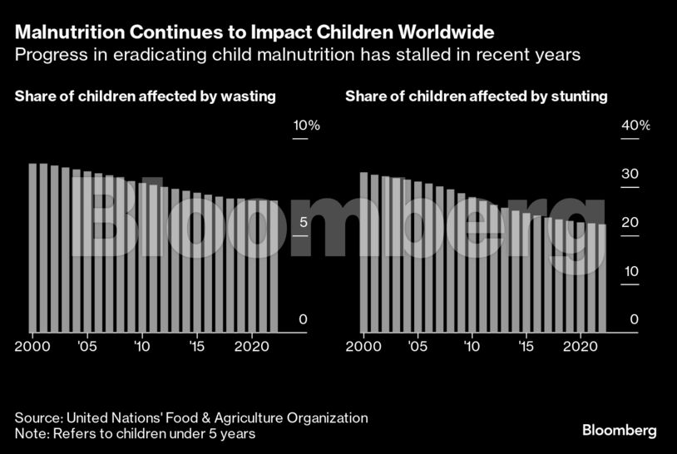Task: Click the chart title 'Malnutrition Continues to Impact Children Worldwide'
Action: point(254,32)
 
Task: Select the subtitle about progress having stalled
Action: point(297,56)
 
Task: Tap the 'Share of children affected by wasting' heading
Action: point(145,96)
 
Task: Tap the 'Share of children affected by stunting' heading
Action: point(477,96)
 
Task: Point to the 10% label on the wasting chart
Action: point(306,126)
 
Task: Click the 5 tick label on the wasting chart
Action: point(304,223)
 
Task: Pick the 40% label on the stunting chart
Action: point(636,126)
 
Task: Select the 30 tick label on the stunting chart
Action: point(630,175)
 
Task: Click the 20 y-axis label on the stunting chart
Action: point(630,223)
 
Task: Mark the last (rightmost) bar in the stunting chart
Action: point(602,279)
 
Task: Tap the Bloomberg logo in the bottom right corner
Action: point(619,430)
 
